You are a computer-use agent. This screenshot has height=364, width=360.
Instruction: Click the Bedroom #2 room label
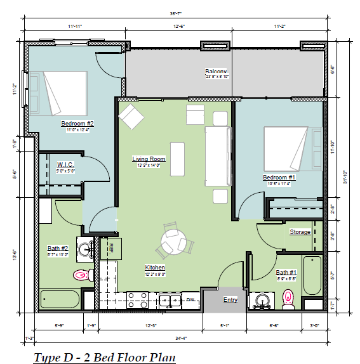click(77, 123)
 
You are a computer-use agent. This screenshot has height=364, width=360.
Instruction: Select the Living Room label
click(149, 159)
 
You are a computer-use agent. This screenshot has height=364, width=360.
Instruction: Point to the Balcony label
click(217, 71)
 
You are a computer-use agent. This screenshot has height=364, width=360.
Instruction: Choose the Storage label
click(300, 232)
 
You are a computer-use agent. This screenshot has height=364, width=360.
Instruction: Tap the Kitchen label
click(155, 267)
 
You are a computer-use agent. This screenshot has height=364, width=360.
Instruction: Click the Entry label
click(230, 299)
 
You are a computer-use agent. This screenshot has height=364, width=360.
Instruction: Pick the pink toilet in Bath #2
click(82, 275)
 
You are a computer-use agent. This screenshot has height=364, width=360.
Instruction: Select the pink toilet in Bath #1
click(288, 297)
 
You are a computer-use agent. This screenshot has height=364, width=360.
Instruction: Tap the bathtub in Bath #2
click(59, 299)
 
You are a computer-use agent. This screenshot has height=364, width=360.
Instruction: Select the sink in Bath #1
click(260, 299)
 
